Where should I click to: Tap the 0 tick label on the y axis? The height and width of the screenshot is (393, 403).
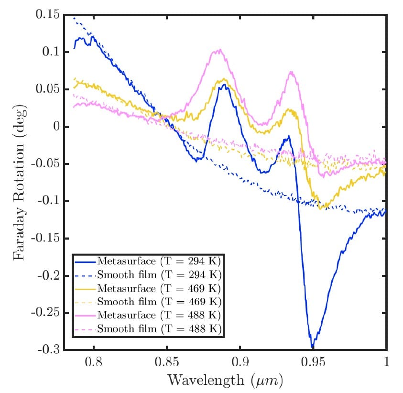(x=57, y=127)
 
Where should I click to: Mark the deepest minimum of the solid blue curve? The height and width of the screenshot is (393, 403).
(x=312, y=347)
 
